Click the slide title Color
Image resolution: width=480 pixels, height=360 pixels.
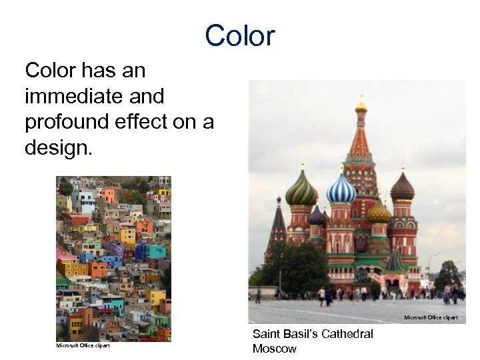pos(239,35)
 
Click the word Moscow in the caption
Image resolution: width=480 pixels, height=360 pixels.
pos(274,349)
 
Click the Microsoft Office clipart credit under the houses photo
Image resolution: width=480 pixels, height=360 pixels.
pos(83,345)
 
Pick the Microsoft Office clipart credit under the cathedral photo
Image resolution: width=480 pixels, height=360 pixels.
pos(431,317)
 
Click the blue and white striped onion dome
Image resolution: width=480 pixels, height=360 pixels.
pos(341,189)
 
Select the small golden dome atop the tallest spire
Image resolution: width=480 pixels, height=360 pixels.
pos(361,105)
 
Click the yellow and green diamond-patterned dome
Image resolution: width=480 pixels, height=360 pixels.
pos(379,213)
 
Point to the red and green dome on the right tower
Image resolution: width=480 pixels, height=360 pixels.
pos(402,187)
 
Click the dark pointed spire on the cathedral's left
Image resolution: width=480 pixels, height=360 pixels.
pos(278,223)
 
